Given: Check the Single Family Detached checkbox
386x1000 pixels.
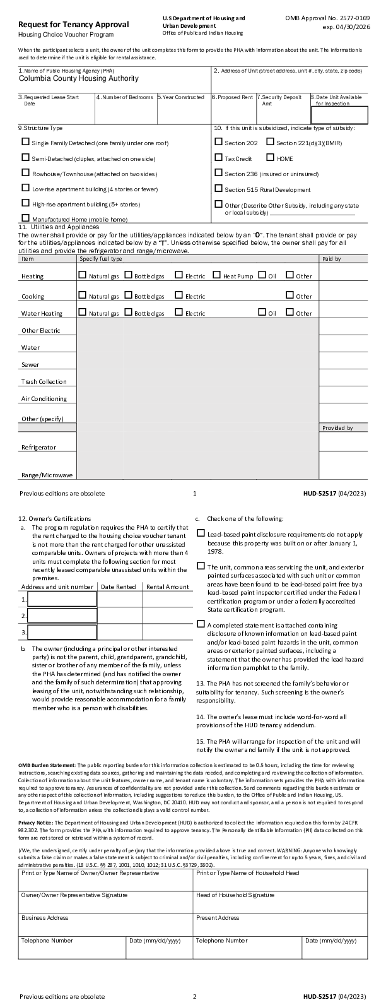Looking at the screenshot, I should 25,143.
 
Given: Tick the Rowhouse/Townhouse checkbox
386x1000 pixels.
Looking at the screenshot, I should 25,172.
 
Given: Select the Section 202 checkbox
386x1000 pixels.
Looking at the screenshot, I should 218,143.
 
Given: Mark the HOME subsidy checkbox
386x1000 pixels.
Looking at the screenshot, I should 270,158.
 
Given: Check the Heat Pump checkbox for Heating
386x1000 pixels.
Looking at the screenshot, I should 216,275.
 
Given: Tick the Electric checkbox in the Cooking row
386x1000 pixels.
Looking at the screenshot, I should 178,295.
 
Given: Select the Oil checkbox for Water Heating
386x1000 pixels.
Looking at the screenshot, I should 262,312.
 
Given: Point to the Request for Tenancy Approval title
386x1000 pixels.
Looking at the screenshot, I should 74,24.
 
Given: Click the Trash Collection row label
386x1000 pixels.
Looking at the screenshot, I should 44,381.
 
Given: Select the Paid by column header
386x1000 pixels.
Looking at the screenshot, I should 332,258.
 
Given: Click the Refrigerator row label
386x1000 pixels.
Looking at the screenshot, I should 38,447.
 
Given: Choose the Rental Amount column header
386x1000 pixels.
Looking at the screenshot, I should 167,586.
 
